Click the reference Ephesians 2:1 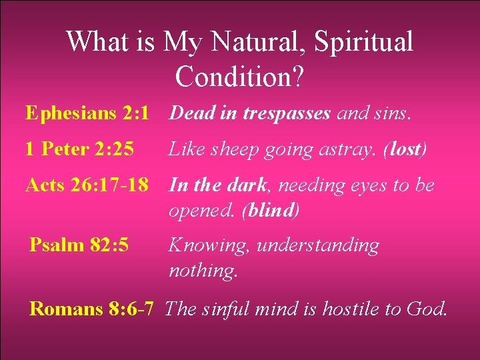87,113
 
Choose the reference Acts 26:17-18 87,185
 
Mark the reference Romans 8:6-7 92,309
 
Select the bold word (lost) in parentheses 405,149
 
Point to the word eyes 369,185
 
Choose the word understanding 318,246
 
